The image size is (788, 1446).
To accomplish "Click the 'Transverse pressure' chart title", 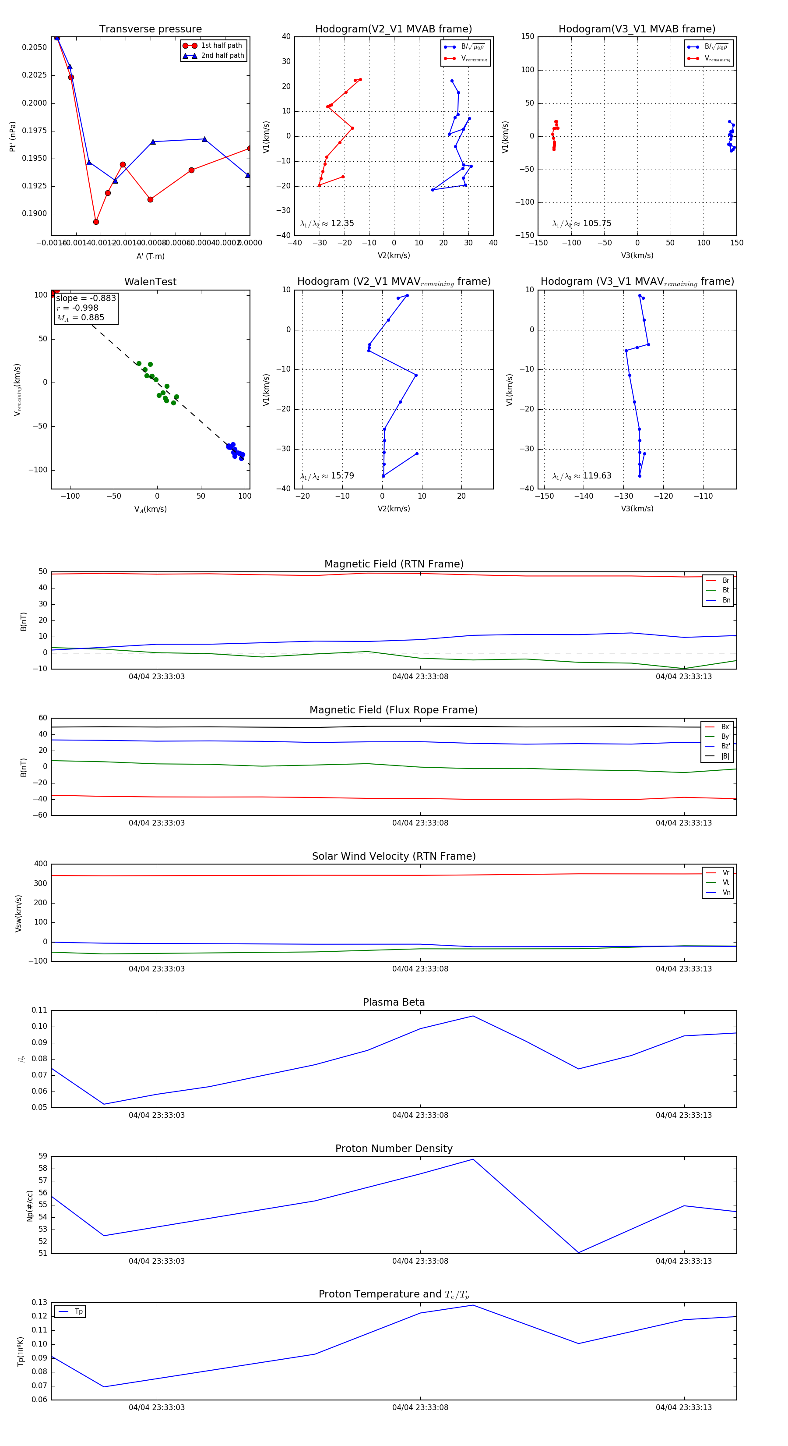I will (x=150, y=29).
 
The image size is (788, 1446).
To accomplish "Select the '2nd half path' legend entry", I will (x=222, y=56).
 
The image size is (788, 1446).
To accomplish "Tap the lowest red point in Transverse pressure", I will (x=96, y=222).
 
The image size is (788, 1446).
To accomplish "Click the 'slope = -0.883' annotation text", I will (x=86, y=298).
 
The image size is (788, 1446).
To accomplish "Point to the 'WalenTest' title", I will (x=150, y=282).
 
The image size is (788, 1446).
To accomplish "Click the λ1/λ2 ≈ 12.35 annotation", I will (x=327, y=223).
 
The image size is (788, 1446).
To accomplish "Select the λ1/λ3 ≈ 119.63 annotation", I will (x=582, y=476).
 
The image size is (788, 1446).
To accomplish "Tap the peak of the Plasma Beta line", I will (x=473, y=1016).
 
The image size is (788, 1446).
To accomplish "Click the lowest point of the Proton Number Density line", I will (x=578, y=1253).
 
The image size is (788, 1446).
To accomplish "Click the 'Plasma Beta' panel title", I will (x=394, y=1003).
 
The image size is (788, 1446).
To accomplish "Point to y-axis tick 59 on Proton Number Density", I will (x=42, y=1156).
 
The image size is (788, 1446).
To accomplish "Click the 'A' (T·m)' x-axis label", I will (x=150, y=256).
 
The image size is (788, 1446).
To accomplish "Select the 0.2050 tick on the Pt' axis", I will (x=34, y=48).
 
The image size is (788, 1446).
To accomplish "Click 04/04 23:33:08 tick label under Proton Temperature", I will (x=420, y=1407).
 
